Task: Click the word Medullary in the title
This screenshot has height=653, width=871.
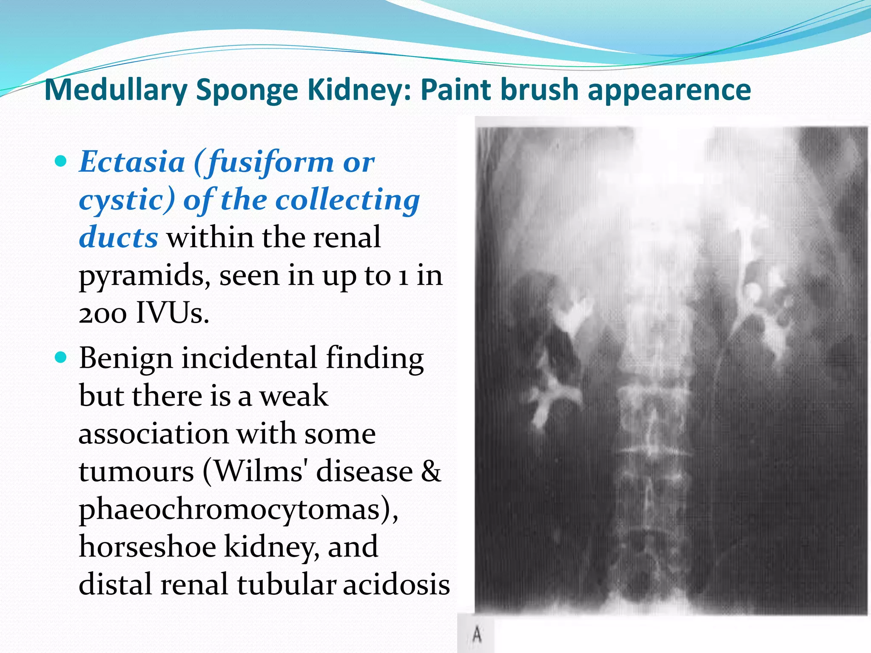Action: pos(116,90)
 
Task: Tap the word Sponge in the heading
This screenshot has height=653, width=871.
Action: pos(247,90)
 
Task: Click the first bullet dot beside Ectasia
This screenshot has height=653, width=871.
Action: pos(62,162)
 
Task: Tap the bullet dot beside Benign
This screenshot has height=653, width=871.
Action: pos(62,358)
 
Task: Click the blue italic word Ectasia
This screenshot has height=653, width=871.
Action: pos(132,162)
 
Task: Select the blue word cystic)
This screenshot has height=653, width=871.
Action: pos(127,200)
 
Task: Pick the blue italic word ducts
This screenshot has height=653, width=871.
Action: pos(119,237)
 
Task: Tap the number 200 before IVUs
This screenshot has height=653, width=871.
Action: pos(103,313)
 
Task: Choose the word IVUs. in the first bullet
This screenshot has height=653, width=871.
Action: pos(172,313)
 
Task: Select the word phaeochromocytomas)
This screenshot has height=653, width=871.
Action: pos(239,509)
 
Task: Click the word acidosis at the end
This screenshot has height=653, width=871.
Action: pos(396,584)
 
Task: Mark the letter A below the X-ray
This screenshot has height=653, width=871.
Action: pos(477,635)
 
